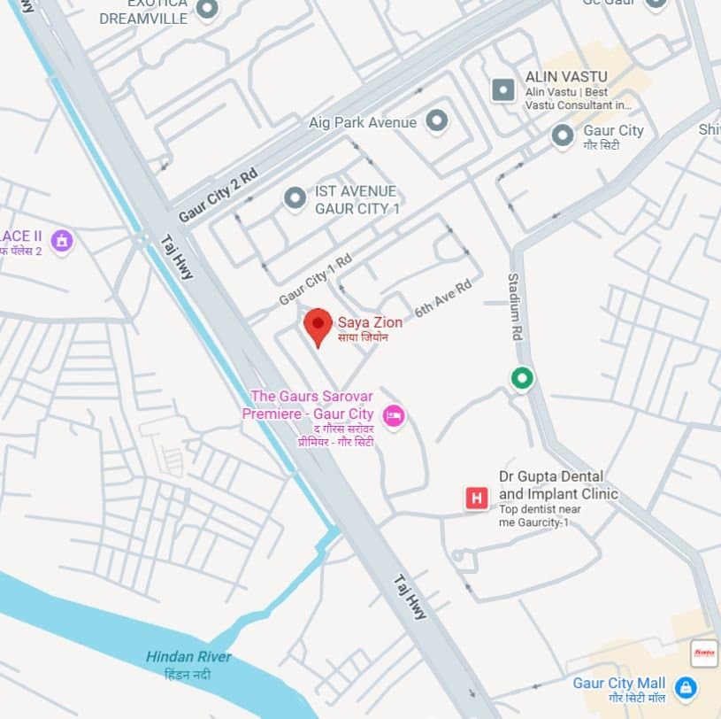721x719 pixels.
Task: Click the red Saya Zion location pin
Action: (318, 325)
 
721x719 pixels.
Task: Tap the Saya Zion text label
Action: (370, 323)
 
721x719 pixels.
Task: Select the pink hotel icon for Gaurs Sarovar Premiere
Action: (394, 414)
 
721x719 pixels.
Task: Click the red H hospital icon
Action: (477, 499)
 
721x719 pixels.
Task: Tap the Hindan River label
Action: (188, 657)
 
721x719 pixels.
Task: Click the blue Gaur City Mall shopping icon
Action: (684, 686)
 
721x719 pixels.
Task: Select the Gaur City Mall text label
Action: (618, 684)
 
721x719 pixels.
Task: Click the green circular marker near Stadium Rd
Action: (523, 378)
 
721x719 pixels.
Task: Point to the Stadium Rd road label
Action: (514, 307)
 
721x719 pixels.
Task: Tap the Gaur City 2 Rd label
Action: (218, 195)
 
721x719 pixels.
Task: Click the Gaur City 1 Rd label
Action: (315, 279)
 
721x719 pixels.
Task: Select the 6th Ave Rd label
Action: (443, 298)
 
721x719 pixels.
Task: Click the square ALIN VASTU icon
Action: (502, 89)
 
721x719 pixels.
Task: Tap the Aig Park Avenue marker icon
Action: (436, 121)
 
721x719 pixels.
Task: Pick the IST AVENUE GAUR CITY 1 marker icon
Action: (295, 199)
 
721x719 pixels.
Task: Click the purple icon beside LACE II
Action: (61, 239)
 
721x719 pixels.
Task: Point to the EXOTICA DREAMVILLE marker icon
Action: (206, 9)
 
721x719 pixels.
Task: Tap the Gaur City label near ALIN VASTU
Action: (613, 131)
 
